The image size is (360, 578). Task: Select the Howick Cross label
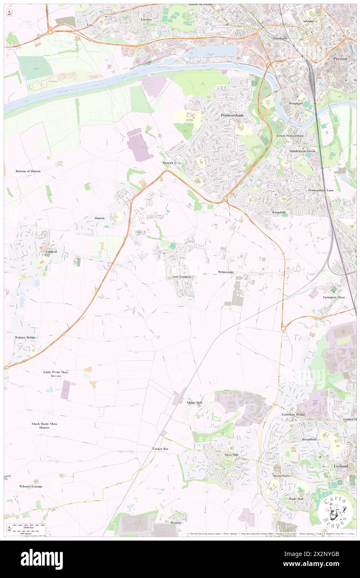172,163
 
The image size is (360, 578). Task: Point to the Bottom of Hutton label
28,171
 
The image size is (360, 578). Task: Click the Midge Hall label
194,403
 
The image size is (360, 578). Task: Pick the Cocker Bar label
160,449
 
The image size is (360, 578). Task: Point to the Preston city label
340,59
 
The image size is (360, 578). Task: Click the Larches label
146,19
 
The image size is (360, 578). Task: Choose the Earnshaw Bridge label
293,415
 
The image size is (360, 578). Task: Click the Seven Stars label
281,475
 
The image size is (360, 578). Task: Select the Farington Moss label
334,297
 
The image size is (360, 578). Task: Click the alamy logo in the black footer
42,559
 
